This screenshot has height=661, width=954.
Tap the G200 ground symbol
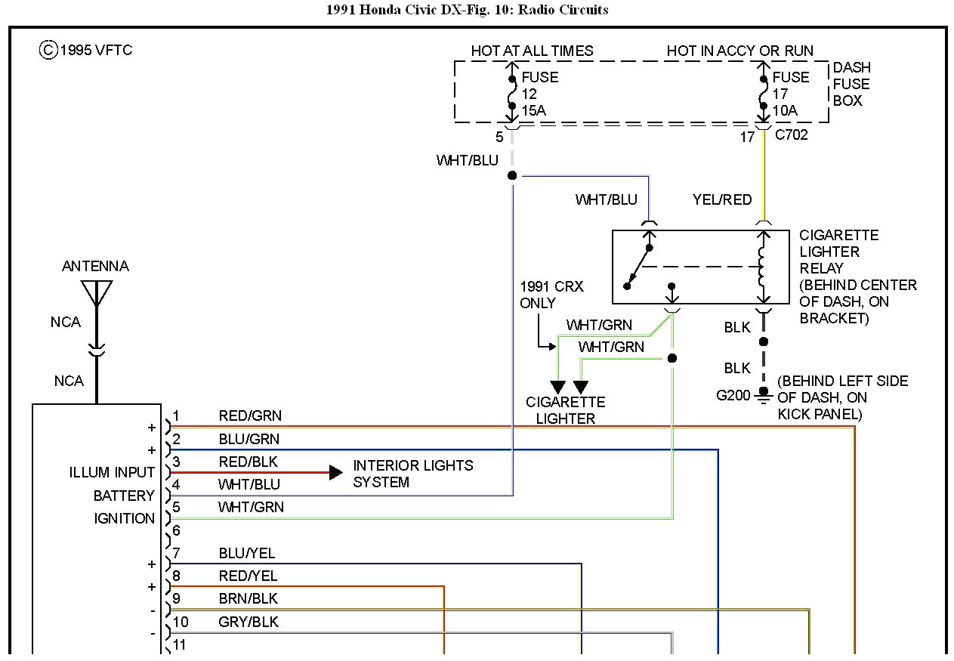pyautogui.click(x=764, y=394)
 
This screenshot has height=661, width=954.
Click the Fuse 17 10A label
pyautogui.click(x=790, y=94)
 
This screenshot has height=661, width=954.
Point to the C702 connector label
pyautogui.click(x=792, y=135)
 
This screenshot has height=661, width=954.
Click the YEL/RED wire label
pyautogui.click(x=722, y=199)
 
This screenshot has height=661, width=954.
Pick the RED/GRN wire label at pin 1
pyautogui.click(x=249, y=415)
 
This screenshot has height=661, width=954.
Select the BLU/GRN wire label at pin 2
pyautogui.click(x=249, y=439)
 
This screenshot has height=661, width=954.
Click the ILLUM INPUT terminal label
pyautogui.click(x=112, y=472)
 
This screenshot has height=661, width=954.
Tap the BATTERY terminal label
pyautogui.click(x=124, y=496)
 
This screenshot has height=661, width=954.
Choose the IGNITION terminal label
pyautogui.click(x=124, y=518)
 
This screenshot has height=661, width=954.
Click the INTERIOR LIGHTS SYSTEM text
pyautogui.click(x=412, y=474)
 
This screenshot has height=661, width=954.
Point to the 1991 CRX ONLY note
pyautogui.click(x=551, y=295)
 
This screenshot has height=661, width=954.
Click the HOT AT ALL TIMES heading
pyautogui.click(x=532, y=51)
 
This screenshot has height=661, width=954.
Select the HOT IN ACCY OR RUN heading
pyautogui.click(x=739, y=51)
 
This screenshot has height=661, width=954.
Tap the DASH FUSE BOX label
pyautogui.click(x=851, y=84)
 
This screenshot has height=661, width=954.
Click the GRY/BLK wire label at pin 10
pyautogui.click(x=248, y=622)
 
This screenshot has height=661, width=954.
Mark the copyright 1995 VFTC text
pyautogui.click(x=86, y=51)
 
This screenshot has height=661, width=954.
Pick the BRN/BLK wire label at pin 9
pyautogui.click(x=248, y=598)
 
